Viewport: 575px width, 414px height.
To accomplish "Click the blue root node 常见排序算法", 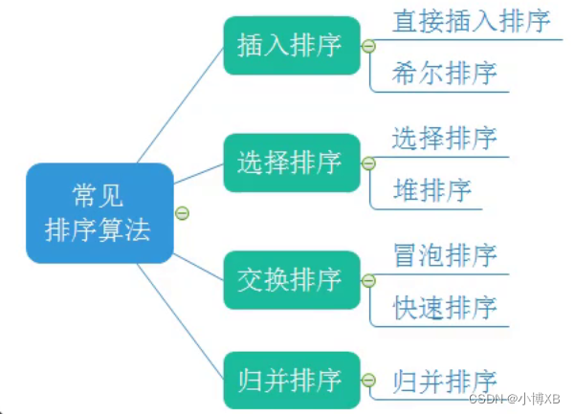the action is click(100, 212).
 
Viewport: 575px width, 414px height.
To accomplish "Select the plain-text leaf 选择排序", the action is click(445, 138).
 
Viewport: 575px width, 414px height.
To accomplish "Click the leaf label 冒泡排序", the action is click(445, 255).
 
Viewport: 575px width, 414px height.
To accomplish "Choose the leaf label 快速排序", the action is click(445, 307).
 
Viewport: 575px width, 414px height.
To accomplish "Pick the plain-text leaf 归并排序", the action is click(445, 381).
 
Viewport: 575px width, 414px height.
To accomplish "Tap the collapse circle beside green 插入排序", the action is click(367, 46).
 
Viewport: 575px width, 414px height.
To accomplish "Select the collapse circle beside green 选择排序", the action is click(367, 163).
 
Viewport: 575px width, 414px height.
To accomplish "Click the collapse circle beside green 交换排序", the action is click(367, 280).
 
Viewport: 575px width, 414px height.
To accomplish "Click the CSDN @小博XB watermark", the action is click(520, 397).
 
